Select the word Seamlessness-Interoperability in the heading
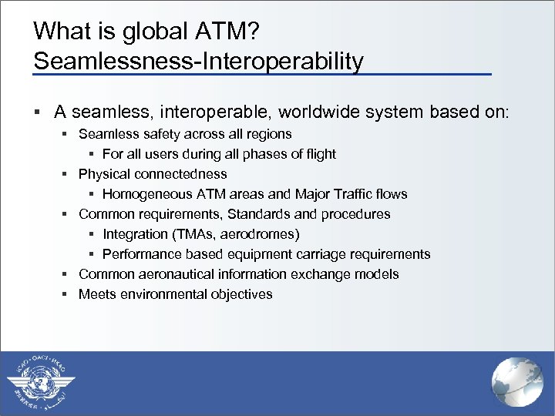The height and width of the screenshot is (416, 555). tap(198, 60)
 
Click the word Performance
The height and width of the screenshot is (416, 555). tap(138, 254)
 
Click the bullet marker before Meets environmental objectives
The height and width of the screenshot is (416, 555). tap(67, 294)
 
